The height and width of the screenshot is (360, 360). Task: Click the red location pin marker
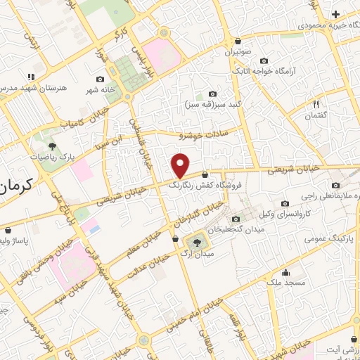(x=181, y=165)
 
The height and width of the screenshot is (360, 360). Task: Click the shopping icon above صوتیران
(x=238, y=41)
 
